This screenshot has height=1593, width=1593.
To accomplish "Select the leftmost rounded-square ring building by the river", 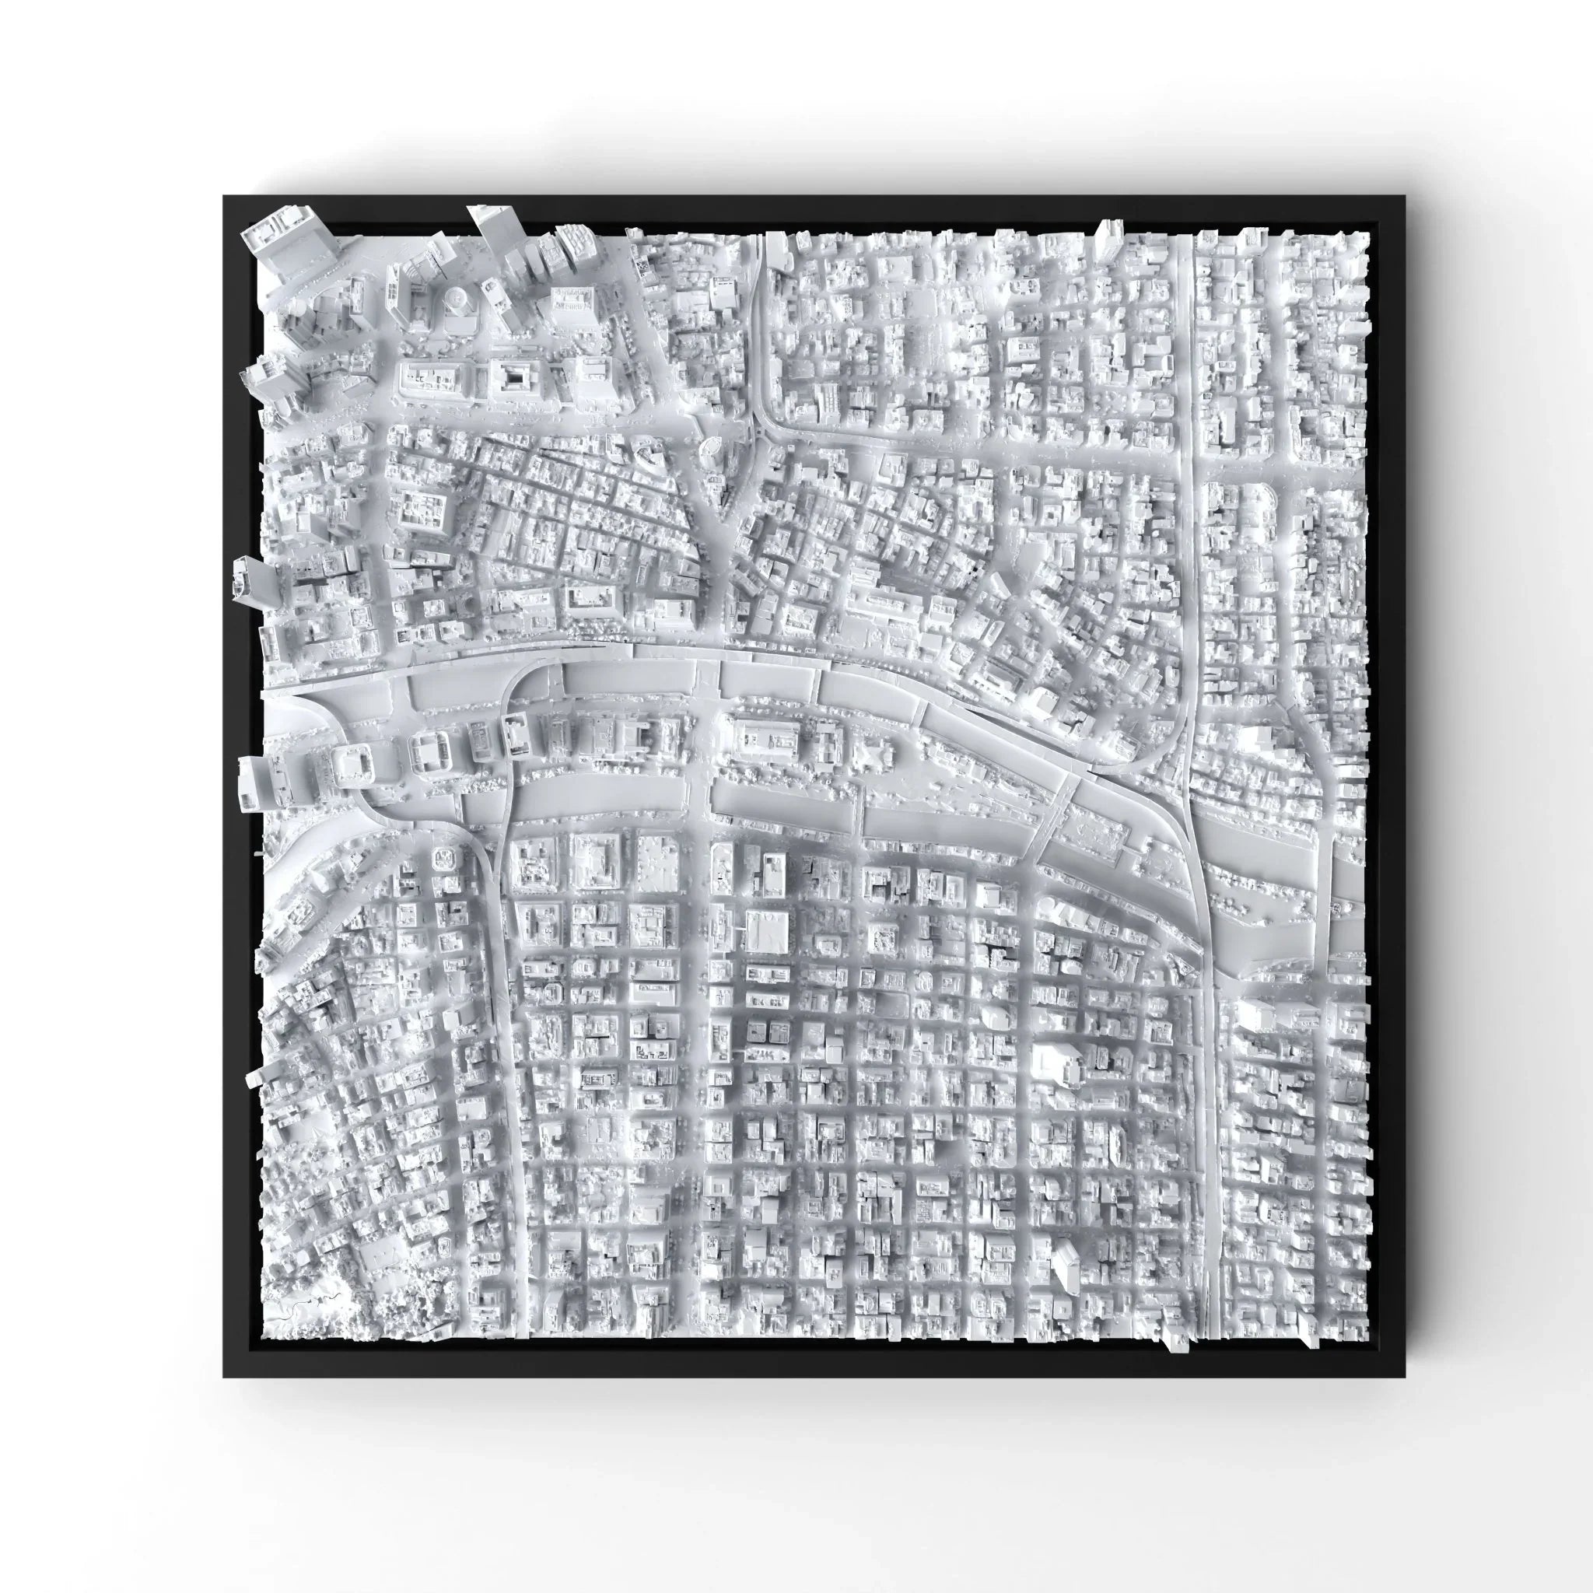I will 353,760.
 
